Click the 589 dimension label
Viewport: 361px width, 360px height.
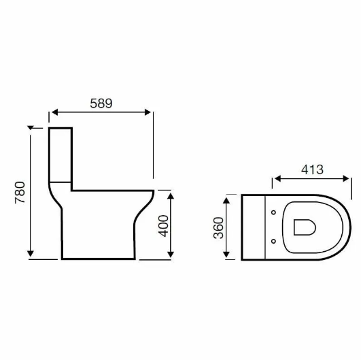tap(101, 103)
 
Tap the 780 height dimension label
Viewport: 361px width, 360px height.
tap(20, 193)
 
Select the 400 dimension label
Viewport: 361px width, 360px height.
tap(163, 226)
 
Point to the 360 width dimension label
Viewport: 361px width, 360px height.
tap(218, 228)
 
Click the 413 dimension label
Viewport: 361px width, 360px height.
tap(312, 169)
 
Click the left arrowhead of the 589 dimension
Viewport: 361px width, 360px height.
tap(55, 112)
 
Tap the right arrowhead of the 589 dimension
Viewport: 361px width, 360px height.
tap(148, 112)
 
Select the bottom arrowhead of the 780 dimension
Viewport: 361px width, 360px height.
tap(31, 254)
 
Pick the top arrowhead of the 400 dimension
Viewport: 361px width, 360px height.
tap(171, 196)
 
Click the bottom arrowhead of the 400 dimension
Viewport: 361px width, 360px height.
tap(171, 255)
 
